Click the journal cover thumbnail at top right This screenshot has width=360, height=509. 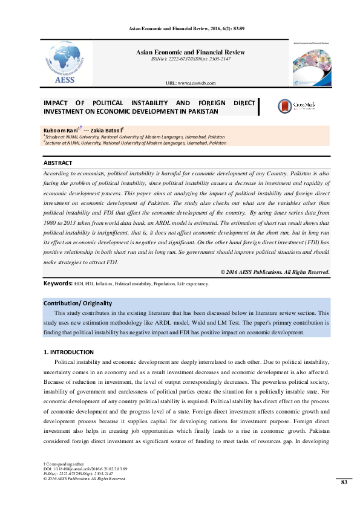click(x=311, y=63)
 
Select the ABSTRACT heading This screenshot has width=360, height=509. click(x=58, y=163)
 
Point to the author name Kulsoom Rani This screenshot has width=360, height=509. click(x=59, y=130)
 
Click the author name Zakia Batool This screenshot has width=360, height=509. click(x=106, y=130)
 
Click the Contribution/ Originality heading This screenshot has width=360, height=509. click(x=77, y=303)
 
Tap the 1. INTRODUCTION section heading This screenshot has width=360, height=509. click(x=68, y=352)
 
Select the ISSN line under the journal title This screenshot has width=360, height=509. click(x=190, y=59)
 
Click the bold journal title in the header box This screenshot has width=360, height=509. click(x=190, y=52)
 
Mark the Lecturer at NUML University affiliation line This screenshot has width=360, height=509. click(x=136, y=143)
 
